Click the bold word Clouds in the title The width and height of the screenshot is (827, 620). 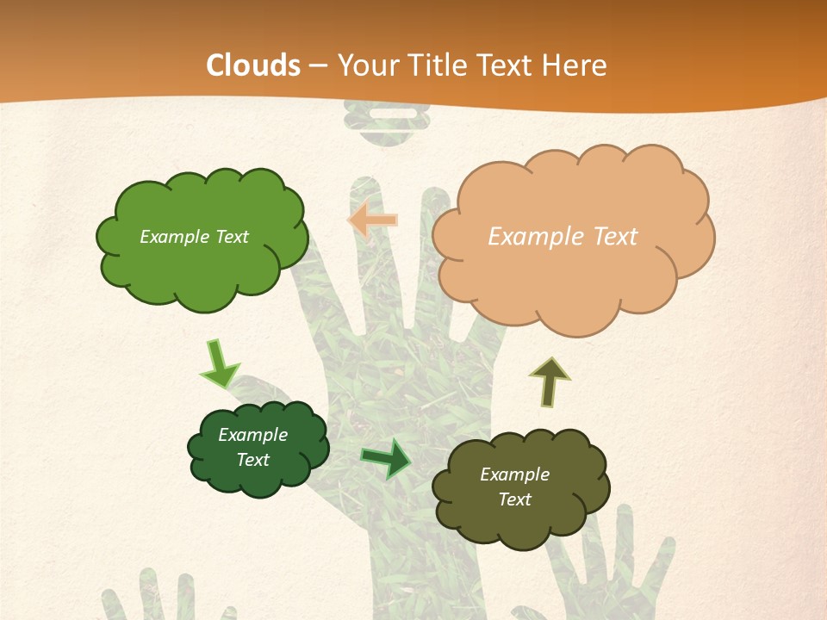tap(253, 65)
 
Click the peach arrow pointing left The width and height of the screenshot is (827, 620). tap(372, 220)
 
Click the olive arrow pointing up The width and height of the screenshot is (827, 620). tap(549, 381)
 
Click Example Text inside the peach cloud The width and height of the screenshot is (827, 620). tap(563, 237)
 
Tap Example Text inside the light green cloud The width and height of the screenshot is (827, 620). tap(194, 237)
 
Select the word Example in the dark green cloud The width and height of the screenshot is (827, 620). tap(252, 435)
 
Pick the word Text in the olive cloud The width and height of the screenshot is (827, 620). tap(514, 499)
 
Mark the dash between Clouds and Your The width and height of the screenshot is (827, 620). tap(318, 65)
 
